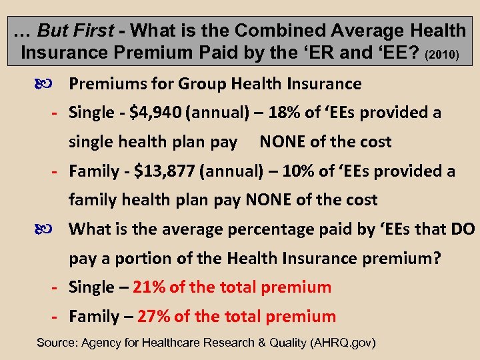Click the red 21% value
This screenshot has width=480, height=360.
[x=149, y=287]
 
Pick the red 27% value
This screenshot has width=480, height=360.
[x=153, y=317]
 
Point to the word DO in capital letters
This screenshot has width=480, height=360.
[x=463, y=229]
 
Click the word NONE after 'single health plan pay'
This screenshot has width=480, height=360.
[x=282, y=142]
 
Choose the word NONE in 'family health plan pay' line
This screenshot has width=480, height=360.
[x=268, y=200]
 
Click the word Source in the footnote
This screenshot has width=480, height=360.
[x=55, y=343]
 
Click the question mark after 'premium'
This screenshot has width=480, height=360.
[x=437, y=258]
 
